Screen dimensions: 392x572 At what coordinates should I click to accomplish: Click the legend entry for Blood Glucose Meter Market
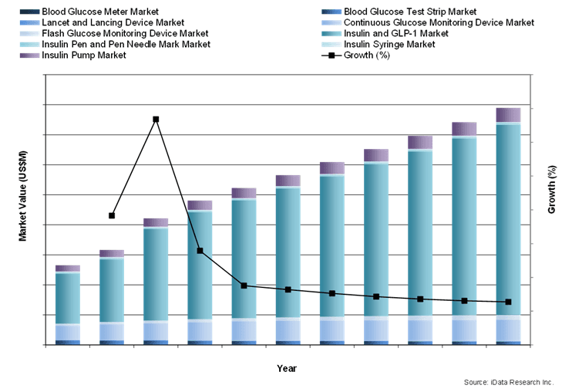click(100, 12)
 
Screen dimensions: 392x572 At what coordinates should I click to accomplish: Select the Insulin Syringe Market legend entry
click(389, 44)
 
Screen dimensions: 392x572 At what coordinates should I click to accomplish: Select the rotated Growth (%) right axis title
click(551, 190)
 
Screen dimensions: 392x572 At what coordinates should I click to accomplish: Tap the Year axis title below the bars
click(287, 368)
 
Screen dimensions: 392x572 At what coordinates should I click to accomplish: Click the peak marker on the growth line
click(156, 120)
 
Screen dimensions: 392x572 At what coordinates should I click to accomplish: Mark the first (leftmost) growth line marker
click(112, 215)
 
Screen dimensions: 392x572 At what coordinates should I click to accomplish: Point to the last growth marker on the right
click(508, 302)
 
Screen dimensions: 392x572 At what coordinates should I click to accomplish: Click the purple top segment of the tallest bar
click(508, 115)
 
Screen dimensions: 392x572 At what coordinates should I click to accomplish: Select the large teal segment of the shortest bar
click(68, 298)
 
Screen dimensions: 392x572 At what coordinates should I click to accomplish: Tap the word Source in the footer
click(477, 382)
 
